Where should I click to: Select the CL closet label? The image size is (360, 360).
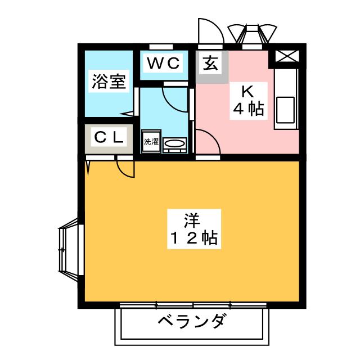click(x=109, y=137)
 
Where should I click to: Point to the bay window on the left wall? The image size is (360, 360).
click(x=69, y=249)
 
